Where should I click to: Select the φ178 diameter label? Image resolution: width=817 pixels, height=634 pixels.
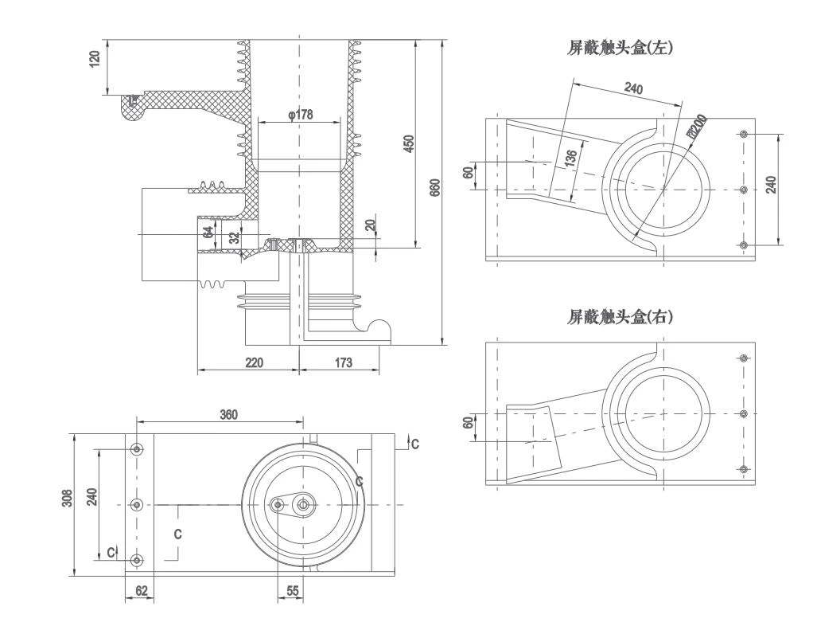(300, 115)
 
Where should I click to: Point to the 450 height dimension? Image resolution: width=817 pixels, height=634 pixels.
(409, 144)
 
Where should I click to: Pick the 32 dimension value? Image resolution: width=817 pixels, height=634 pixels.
(234, 238)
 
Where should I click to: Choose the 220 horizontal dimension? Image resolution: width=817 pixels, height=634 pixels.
(254, 362)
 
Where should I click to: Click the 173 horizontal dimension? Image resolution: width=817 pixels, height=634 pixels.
(344, 362)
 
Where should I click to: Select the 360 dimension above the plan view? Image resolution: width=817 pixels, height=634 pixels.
(229, 414)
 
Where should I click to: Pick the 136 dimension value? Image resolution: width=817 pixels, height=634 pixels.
(570, 159)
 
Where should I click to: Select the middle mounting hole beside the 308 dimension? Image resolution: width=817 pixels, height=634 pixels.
(138, 504)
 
